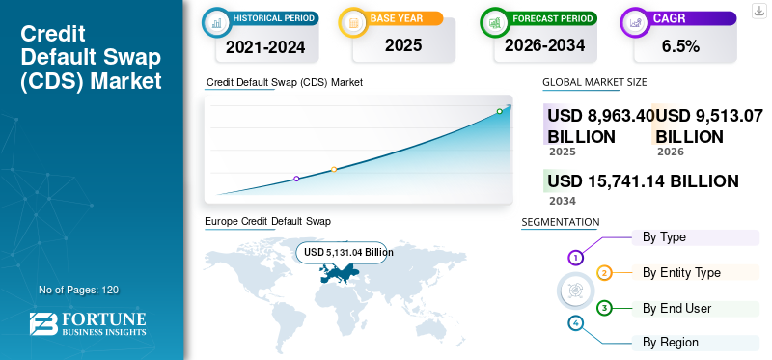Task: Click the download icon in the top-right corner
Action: pyautogui.click(x=759, y=12)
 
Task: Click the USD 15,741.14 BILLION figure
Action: pyautogui.click(x=643, y=180)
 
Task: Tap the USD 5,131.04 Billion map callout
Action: pyautogui.click(x=348, y=252)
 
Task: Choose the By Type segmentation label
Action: pyautogui.click(x=664, y=236)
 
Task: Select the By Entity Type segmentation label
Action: pyautogui.click(x=681, y=272)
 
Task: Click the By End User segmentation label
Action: pyautogui.click(x=676, y=308)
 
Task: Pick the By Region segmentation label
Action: pyautogui.click(x=671, y=342)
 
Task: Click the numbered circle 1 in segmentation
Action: pyautogui.click(x=576, y=258)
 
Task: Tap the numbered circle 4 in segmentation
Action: pyautogui.click(x=576, y=322)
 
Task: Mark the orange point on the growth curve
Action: pyautogui.click(x=334, y=170)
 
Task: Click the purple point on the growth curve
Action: pyautogui.click(x=296, y=179)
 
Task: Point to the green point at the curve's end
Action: pyautogui.click(x=499, y=112)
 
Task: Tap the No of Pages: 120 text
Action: pyautogui.click(x=78, y=290)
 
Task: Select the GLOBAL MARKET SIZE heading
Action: pyautogui.click(x=594, y=82)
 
